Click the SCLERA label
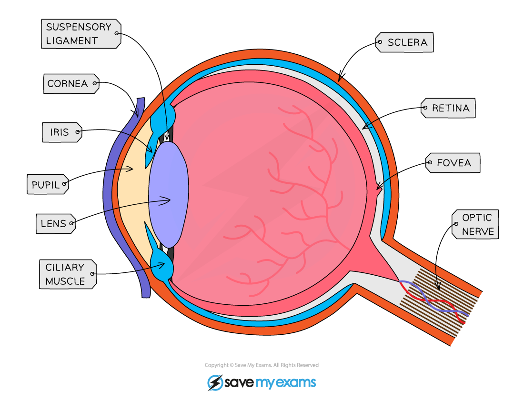click(x=406, y=42)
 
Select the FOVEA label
click(x=453, y=163)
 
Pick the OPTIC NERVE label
click(x=476, y=224)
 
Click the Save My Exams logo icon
click(x=215, y=382)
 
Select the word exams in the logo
click(x=297, y=382)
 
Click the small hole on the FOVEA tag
click(x=431, y=163)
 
